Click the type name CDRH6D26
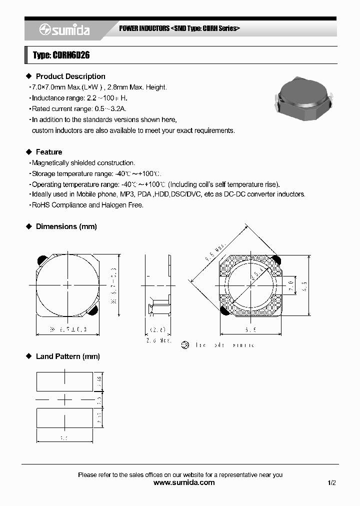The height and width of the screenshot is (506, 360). tap(61, 55)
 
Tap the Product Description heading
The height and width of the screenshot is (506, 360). tap(70, 76)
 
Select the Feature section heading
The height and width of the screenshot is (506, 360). tap(49, 152)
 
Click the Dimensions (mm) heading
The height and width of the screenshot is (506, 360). tap(66, 226)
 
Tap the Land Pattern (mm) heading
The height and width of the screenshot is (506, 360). tap(67, 356)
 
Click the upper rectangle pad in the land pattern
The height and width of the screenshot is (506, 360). tap(64, 381)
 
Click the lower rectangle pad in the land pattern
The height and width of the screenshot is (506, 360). tap(64, 417)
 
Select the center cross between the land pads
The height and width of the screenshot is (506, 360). tap(64, 399)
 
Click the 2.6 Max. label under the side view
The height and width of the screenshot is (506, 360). tap(159, 340)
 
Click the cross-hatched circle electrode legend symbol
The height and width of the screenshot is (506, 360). tap(186, 345)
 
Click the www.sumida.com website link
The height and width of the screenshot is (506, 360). tap(183, 482)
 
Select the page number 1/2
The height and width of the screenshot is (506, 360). tap(332, 482)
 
